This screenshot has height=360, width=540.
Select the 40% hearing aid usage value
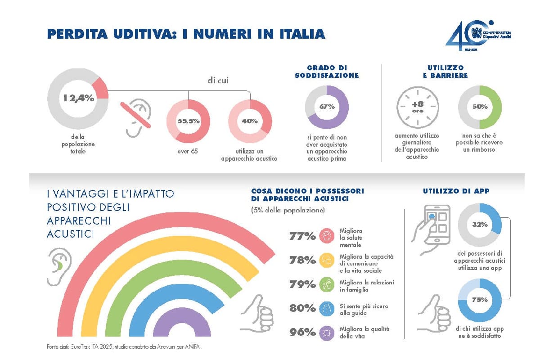click(250, 121)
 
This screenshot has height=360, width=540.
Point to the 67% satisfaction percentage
click(327, 107)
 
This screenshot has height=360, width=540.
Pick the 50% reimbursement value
click(480, 107)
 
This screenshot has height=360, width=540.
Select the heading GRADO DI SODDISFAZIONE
click(327, 72)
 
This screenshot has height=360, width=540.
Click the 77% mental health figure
click(302, 236)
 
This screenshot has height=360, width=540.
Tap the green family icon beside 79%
click(325, 284)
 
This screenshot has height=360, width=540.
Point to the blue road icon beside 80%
click(325, 308)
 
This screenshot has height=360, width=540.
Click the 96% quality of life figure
click(302, 332)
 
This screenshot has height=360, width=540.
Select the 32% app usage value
click(480, 224)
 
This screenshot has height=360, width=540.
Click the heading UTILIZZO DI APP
click(456, 191)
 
